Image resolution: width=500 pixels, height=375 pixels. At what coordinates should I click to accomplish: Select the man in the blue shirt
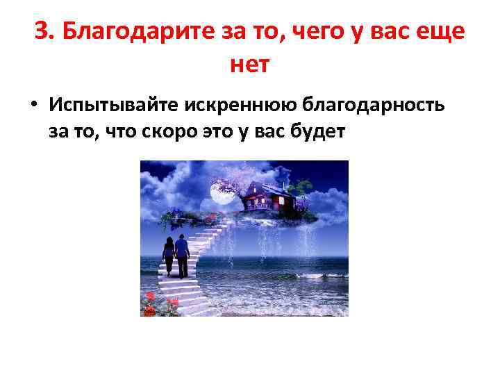182,254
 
